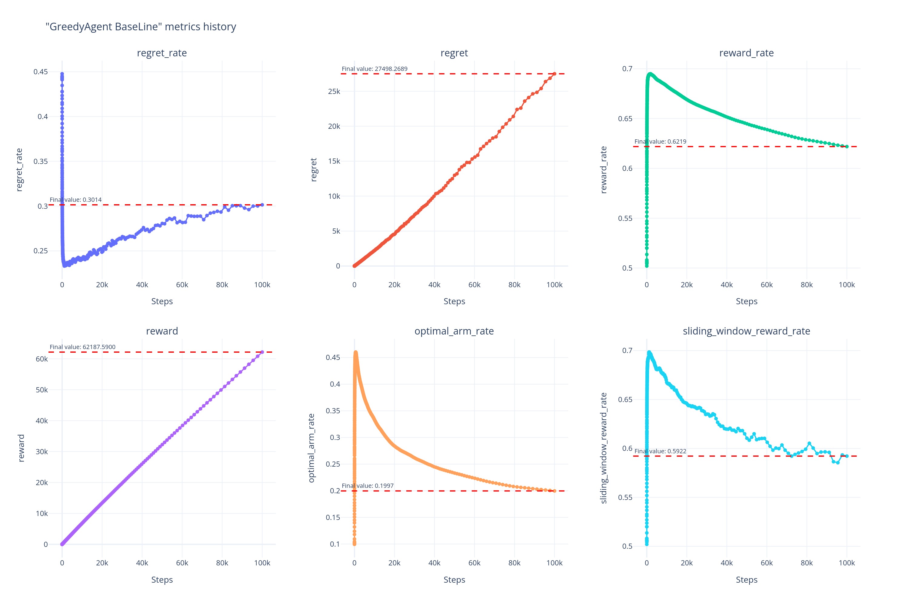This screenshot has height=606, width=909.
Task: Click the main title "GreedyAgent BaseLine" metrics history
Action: [x=141, y=27]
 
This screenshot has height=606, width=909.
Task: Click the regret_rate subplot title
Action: [x=161, y=53]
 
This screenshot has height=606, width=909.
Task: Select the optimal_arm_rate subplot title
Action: [x=454, y=331]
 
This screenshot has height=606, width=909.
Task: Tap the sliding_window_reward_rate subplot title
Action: [x=746, y=331]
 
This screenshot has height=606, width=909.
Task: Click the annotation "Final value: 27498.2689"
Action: [x=375, y=69]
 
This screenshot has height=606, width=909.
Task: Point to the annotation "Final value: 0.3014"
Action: [x=76, y=200]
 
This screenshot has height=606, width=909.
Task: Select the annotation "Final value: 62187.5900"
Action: [x=82, y=347]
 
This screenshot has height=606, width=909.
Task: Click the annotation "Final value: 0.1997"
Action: [x=368, y=486]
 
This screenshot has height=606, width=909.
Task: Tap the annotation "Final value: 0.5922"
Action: [x=660, y=451]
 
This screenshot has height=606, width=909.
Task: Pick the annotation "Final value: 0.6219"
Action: [x=660, y=142]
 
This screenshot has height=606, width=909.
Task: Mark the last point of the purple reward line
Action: [x=262, y=352]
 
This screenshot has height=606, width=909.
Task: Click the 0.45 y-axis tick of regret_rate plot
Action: [x=41, y=72]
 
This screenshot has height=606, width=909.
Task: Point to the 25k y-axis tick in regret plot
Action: [x=334, y=91]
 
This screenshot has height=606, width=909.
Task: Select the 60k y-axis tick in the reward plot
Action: [x=42, y=359]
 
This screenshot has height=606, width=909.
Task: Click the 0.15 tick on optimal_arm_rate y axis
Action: [x=333, y=517]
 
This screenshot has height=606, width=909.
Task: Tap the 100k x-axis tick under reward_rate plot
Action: [x=846, y=285]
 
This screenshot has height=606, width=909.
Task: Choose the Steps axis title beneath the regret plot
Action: [x=454, y=301]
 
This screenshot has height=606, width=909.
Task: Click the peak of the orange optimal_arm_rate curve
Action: [x=355, y=352]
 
